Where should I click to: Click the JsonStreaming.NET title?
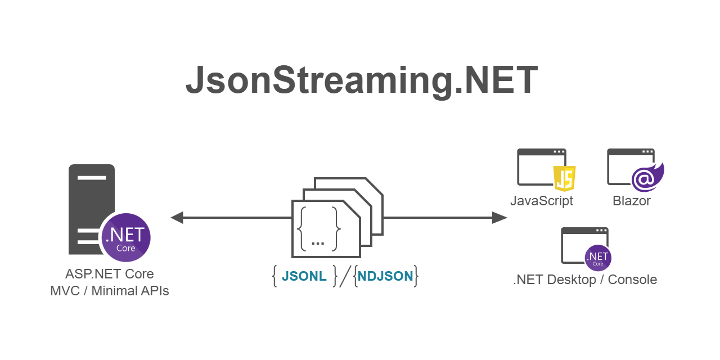click(x=362, y=80)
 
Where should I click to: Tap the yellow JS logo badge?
click(x=564, y=179)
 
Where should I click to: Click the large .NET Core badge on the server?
click(x=125, y=237)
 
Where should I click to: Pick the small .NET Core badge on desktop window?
click(x=598, y=258)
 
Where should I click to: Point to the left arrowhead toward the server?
click(x=177, y=218)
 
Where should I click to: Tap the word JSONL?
click(x=304, y=276)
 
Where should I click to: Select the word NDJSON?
click(x=385, y=276)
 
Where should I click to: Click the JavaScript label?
click(x=541, y=201)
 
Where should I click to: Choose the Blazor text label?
click(x=632, y=201)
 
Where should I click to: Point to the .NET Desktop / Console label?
click(x=585, y=280)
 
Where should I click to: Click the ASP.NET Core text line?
click(x=110, y=274)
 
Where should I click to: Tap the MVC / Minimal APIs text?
click(x=110, y=291)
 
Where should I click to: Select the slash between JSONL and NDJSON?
click(x=345, y=276)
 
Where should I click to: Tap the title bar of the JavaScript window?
click(x=534, y=152)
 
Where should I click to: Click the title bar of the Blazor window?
click(x=624, y=152)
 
